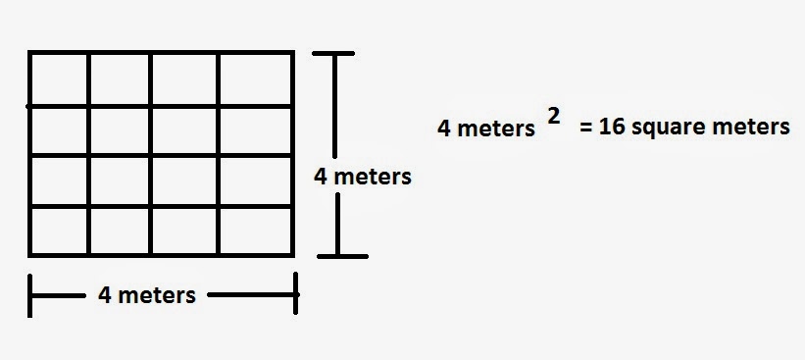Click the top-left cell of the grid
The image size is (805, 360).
59,79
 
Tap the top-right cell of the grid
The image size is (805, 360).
255,79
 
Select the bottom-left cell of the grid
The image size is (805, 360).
59,231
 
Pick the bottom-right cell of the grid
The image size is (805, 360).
255,231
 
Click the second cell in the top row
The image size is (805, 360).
120,79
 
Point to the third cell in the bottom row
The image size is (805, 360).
184,231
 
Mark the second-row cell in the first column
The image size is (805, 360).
59,130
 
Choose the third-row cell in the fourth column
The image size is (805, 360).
255,180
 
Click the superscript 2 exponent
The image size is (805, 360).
553,117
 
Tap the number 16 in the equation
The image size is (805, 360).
612,127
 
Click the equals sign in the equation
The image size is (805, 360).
585,128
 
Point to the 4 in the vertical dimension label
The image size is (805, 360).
321,177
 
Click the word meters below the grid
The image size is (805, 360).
157,296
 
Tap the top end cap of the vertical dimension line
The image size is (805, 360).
333,53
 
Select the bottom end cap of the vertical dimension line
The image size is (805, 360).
342,256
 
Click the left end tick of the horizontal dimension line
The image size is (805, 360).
29,295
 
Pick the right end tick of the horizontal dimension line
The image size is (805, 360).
296,293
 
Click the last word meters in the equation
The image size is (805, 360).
753,128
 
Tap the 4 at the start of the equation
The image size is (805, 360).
443,129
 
